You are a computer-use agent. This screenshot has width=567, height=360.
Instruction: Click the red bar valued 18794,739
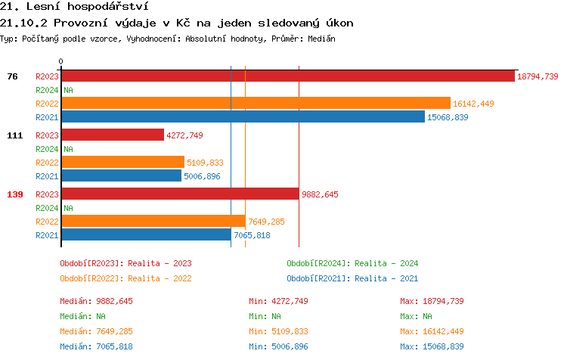pyautogui.click(x=287, y=76)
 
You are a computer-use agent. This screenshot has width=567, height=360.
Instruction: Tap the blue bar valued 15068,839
pyautogui.click(x=243, y=117)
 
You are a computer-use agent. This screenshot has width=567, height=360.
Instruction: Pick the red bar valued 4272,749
pyautogui.click(x=113, y=135)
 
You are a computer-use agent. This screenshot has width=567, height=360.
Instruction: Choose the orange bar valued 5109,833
pyautogui.click(x=122, y=163)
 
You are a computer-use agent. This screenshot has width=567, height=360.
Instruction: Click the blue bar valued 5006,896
pyautogui.click(x=122, y=176)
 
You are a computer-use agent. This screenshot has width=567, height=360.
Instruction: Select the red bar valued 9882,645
pyautogui.click(x=180, y=194)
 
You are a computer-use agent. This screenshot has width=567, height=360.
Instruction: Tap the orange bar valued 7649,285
pyautogui.click(x=153, y=222)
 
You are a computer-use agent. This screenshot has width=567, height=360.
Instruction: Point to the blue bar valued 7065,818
pyautogui.click(x=146, y=235)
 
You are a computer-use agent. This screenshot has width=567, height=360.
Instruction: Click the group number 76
pyautogui.click(x=12, y=76)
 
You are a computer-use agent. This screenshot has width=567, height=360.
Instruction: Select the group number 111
pyautogui.click(x=14, y=135)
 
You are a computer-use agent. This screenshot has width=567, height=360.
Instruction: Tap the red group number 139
pyautogui.click(x=14, y=194)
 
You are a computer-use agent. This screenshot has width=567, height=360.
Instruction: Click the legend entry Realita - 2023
pyautogui.click(x=125, y=263)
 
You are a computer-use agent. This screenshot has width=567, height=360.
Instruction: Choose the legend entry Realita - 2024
pyautogui.click(x=352, y=263)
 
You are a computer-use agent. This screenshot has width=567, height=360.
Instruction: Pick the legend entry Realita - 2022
pyautogui.click(x=125, y=278)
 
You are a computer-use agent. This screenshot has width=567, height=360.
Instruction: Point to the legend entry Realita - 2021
pyautogui.click(x=352, y=278)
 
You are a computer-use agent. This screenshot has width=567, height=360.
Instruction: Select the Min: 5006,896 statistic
pyautogui.click(x=280, y=346)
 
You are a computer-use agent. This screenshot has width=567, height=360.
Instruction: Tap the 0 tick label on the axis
pyautogui.click(x=61, y=61)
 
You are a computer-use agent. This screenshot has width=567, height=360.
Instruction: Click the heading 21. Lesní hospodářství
pyautogui.click(x=74, y=7)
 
